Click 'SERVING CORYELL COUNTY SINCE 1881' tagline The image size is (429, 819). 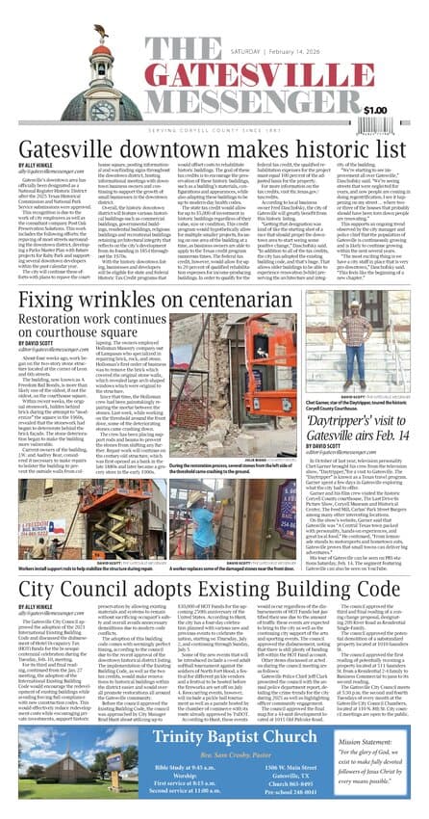(x=215, y=129)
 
